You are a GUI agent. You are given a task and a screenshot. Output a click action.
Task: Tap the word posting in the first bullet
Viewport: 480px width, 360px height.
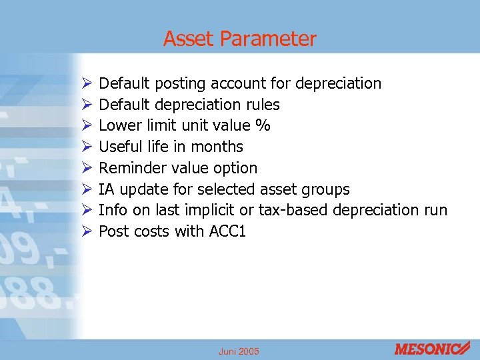[x=180, y=83]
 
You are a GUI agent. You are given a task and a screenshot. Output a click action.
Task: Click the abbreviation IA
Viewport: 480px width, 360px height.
[x=106, y=189]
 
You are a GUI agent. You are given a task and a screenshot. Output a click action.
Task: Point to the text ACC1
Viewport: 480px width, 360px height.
[x=226, y=231]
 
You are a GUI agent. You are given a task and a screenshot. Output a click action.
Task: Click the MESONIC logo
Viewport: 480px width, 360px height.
[x=432, y=348]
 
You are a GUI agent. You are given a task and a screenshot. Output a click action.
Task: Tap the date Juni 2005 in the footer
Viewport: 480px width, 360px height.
[x=239, y=351]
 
